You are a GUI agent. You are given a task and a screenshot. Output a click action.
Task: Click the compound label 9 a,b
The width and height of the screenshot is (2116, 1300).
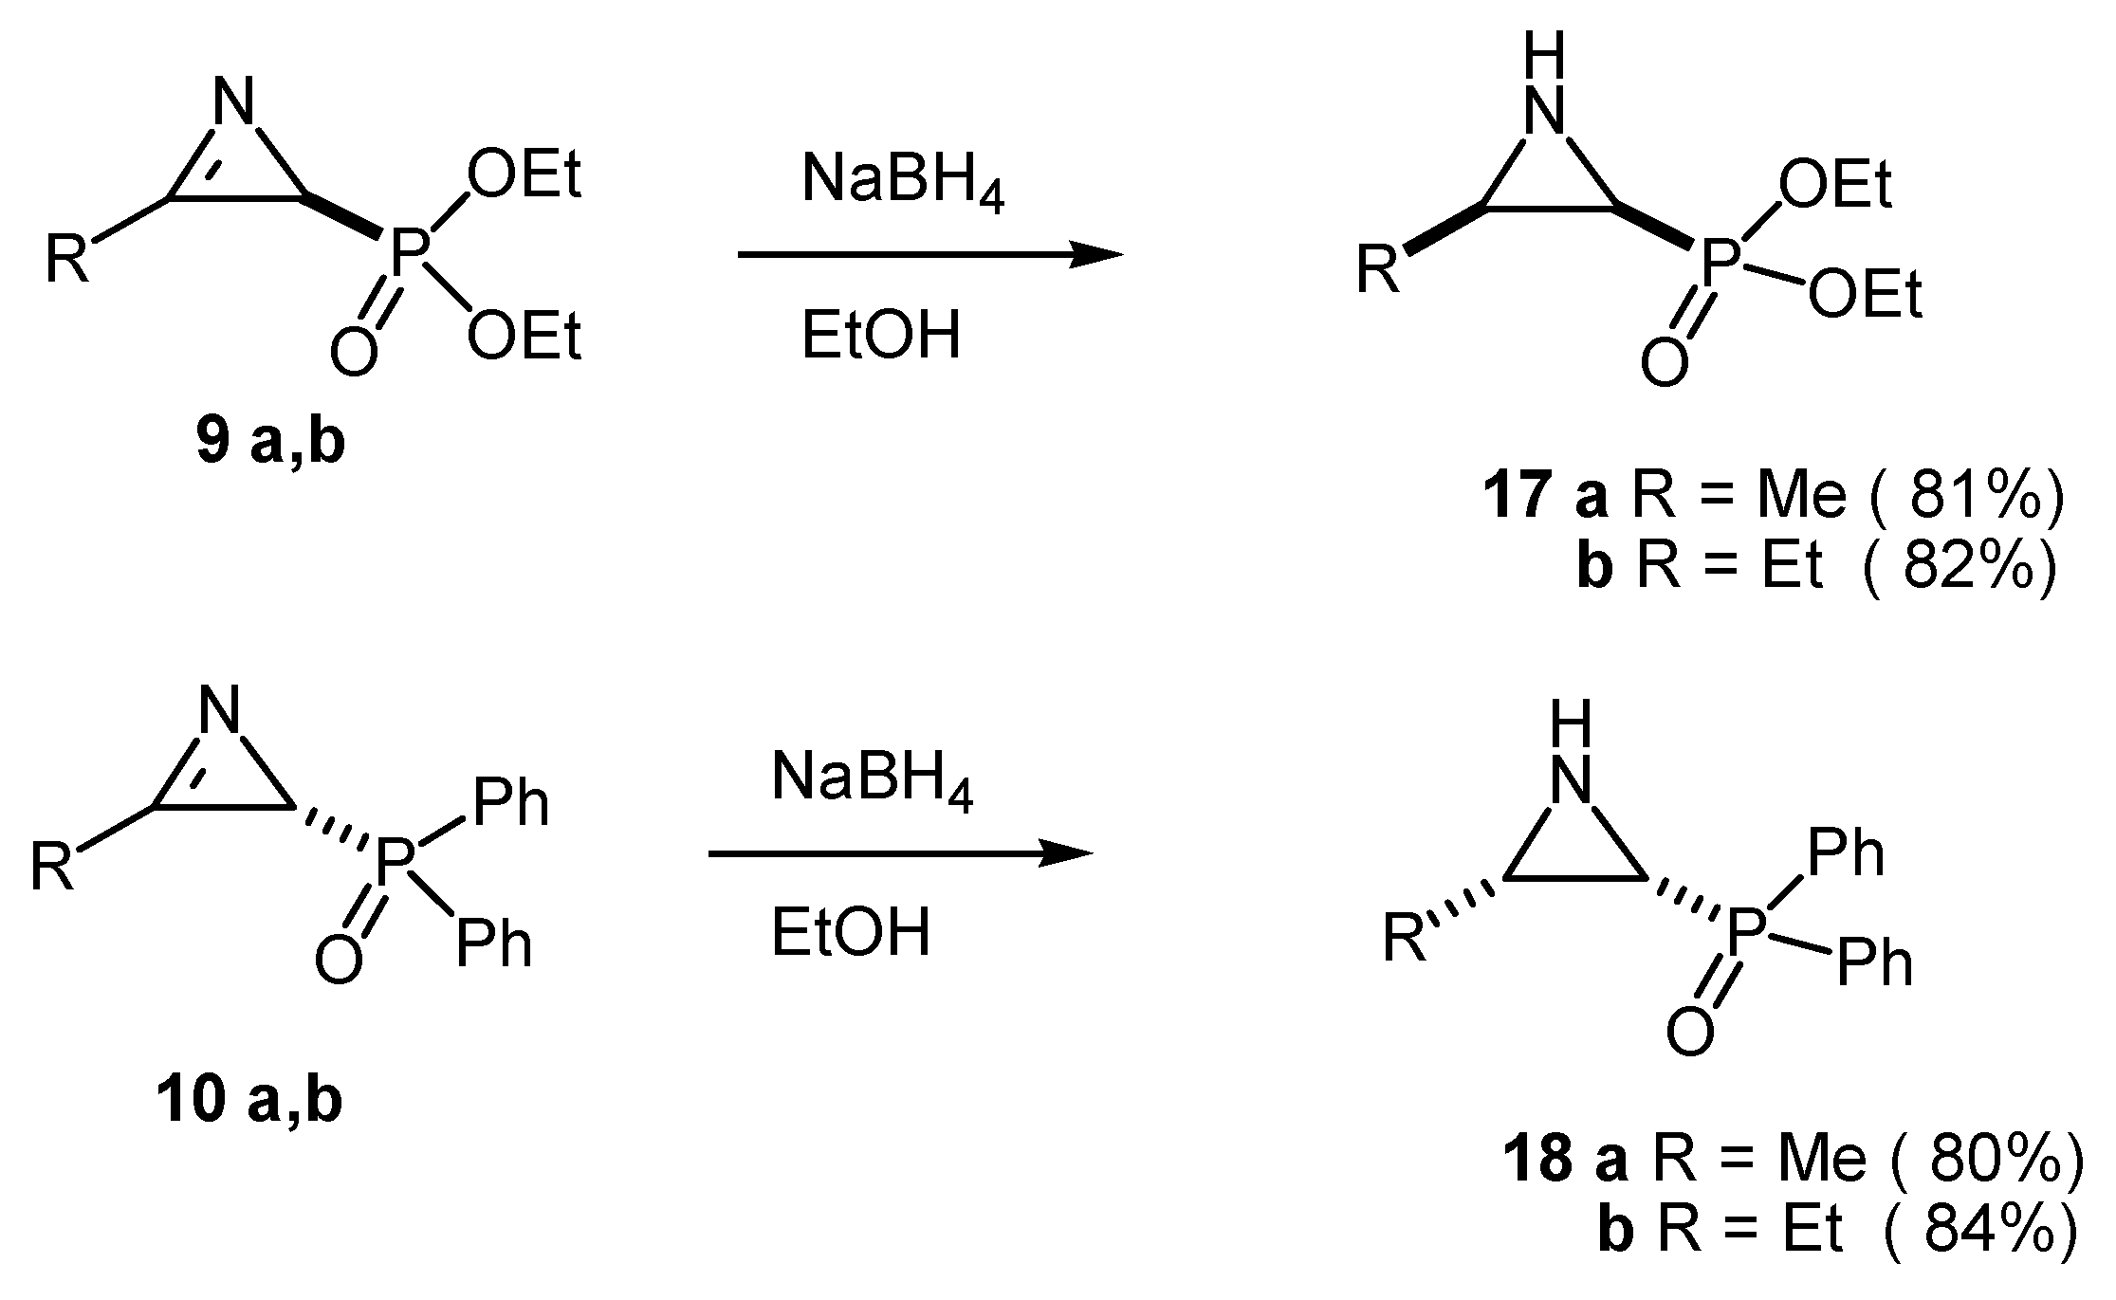(270, 443)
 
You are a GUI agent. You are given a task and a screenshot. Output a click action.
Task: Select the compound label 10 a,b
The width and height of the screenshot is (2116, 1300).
(249, 1101)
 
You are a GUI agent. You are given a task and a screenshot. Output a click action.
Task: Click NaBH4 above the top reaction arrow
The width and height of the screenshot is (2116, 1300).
(902, 180)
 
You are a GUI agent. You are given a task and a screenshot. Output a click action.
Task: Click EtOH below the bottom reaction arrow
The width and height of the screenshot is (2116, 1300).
(851, 932)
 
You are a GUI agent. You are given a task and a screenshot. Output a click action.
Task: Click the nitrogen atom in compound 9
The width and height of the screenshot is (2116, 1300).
(234, 101)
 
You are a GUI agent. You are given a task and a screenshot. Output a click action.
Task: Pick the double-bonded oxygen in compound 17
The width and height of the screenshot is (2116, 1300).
(1665, 361)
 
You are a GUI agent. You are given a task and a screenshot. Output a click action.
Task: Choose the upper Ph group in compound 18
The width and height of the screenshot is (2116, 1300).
(1846, 853)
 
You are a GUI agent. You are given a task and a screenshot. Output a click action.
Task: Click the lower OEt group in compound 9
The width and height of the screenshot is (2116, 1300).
(524, 337)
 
